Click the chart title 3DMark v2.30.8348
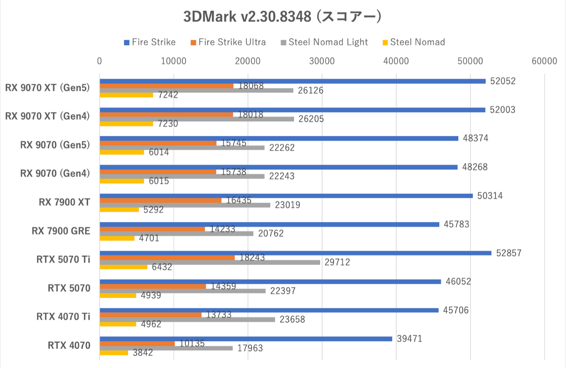point(282,16)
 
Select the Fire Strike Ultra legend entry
point(228,42)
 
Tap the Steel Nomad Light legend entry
point(324,42)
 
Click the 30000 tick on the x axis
point(322,61)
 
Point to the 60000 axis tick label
point(544,61)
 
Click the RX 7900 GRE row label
point(61,231)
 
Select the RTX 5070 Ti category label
point(63,259)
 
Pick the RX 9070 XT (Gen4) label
point(47,116)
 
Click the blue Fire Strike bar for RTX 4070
point(246,339)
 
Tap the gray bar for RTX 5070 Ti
point(209,262)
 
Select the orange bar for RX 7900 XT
point(160,201)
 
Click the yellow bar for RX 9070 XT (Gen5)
point(126,95)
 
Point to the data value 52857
point(509,253)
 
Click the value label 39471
point(409,339)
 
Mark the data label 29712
point(337,262)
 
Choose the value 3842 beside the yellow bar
point(143,353)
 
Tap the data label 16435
point(239,201)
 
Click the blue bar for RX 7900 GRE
point(269,224)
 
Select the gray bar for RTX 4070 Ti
point(187,320)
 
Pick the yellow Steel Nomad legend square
point(385,43)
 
